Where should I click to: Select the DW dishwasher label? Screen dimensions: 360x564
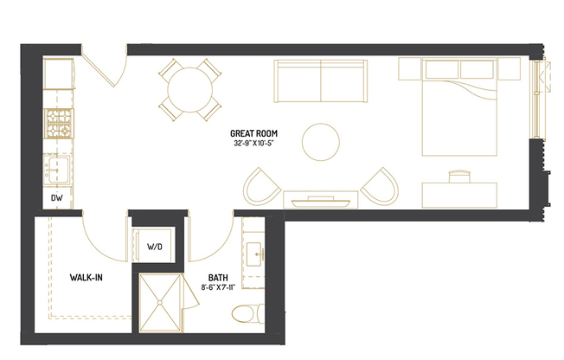(x=57, y=198)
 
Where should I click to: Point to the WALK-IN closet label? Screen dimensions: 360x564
(x=87, y=278)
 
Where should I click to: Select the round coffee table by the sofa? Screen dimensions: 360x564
(x=322, y=141)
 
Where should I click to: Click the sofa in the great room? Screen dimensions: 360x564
(x=322, y=80)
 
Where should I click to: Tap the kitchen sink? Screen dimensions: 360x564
(x=59, y=168)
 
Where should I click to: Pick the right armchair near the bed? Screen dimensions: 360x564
(x=381, y=185)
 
